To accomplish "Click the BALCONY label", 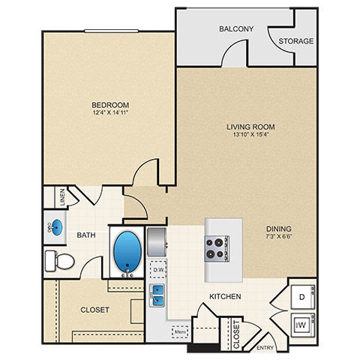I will pyautogui.click(x=236, y=29).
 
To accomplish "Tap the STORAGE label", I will pyautogui.click(x=295, y=41).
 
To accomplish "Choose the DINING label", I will pyautogui.click(x=277, y=229).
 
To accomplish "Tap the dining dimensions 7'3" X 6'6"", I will pyautogui.click(x=277, y=238).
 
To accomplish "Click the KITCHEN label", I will pyautogui.click(x=224, y=297).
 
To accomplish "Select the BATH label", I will pyautogui.click(x=86, y=235).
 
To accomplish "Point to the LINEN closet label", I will pyautogui.click(x=62, y=198).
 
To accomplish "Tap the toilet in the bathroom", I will pyautogui.click(x=60, y=260).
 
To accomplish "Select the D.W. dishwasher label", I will pyautogui.click(x=157, y=268).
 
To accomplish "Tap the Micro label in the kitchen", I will pyautogui.click(x=180, y=329).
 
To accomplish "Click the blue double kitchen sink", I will pyautogui.click(x=158, y=295).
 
